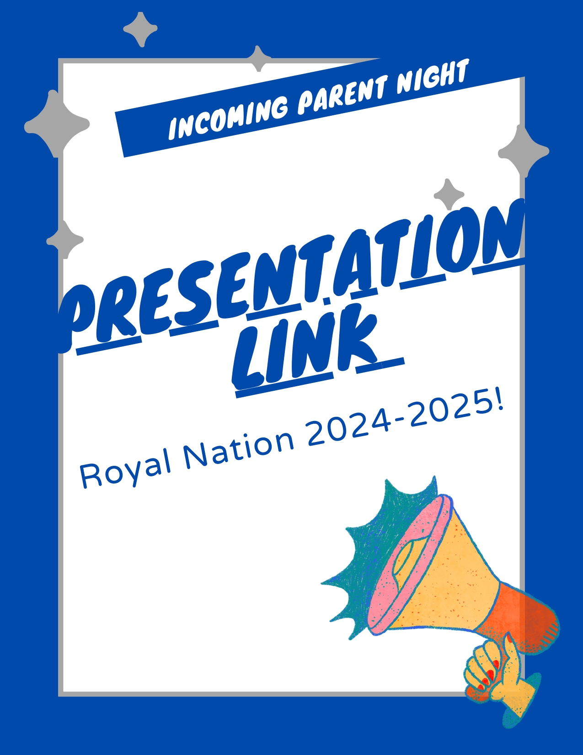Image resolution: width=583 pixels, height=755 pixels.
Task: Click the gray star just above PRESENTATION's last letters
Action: [x=449, y=194]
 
